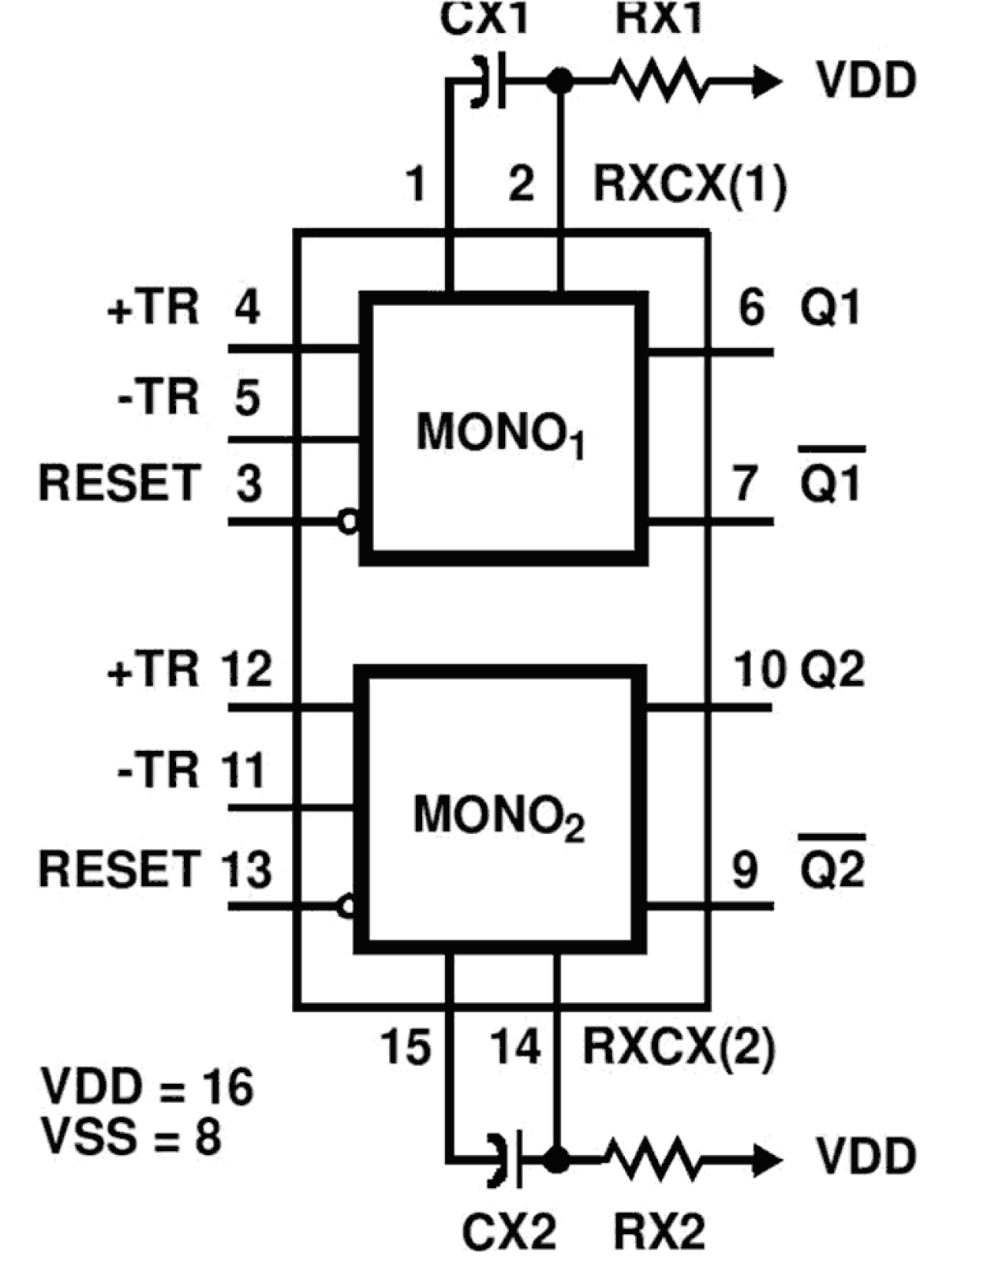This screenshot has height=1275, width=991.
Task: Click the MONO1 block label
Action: click(x=500, y=433)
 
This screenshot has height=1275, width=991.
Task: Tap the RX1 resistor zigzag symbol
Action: click(x=660, y=80)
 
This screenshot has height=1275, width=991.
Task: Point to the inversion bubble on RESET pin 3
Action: click(x=348, y=522)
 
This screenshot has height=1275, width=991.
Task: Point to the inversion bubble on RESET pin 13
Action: click(x=346, y=906)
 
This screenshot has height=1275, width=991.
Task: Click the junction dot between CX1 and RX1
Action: click(x=560, y=80)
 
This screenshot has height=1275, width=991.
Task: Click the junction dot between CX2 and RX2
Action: click(x=556, y=1159)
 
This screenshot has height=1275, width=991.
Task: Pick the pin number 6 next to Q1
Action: click(x=750, y=307)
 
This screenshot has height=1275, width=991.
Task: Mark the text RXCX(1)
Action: click(x=690, y=185)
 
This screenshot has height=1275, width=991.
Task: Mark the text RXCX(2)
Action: click(x=679, y=1047)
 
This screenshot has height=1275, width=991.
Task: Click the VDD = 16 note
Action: click(x=147, y=1086)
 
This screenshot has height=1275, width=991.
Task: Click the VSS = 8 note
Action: click(x=131, y=1138)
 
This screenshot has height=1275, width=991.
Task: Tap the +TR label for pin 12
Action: click(x=153, y=670)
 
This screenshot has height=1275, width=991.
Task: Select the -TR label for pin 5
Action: click(x=158, y=396)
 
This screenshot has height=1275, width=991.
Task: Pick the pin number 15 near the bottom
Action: click(x=406, y=1047)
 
